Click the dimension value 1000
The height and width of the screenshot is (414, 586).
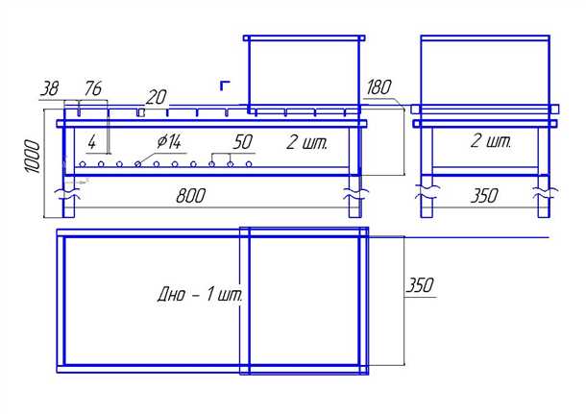tap(32, 157)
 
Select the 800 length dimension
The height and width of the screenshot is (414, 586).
tap(190, 196)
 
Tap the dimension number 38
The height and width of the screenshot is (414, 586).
tap(50, 89)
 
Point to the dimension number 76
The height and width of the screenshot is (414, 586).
tap(92, 88)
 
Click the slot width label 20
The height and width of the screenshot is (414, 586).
tap(156, 97)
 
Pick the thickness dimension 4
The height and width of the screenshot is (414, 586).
tap(92, 142)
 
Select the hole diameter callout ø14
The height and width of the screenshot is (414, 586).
tap(169, 141)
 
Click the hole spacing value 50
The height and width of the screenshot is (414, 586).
tap(243, 142)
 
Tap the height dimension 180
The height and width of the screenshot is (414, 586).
tap(378, 87)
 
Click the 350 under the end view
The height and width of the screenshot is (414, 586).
tap(484, 196)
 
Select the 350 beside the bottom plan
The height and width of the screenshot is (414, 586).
tap(420, 285)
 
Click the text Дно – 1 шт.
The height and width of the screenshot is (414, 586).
tap(200, 295)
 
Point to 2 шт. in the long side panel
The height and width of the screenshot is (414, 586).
tap(306, 143)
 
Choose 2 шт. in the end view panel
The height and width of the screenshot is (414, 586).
tap(490, 141)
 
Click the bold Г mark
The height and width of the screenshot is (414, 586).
tap(224, 85)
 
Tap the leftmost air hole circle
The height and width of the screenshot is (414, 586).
tap(83, 164)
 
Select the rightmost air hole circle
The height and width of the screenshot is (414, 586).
tap(249, 164)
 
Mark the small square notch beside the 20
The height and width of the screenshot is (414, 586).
tap(140, 112)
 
